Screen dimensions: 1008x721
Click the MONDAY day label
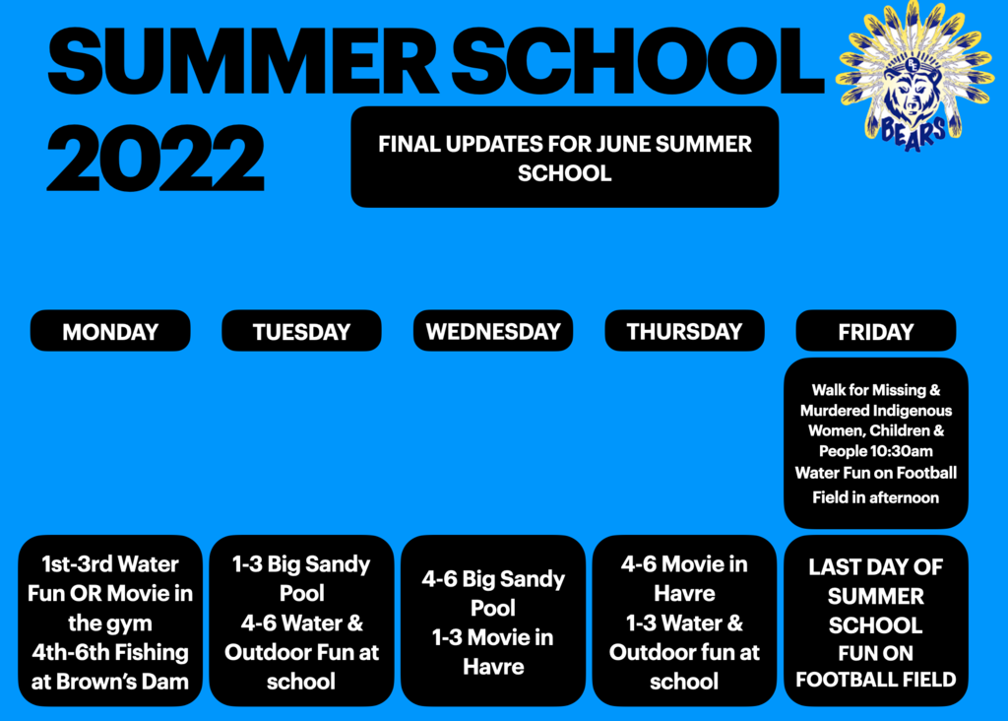click(110, 331)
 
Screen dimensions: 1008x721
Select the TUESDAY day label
click(301, 331)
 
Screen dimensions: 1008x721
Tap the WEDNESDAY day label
click(493, 331)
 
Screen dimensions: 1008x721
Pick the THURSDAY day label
click(685, 331)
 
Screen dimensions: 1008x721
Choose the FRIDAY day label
click(875, 331)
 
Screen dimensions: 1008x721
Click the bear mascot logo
click(914, 76)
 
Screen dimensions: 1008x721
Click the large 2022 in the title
click(156, 159)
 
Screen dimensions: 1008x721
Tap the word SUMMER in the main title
click(243, 62)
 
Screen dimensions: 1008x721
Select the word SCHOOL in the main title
click(638, 62)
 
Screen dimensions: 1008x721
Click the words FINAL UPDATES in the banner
click(463, 144)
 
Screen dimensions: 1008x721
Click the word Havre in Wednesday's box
click(493, 667)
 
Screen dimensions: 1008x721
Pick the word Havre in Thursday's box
click(685, 593)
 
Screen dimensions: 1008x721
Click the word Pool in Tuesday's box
click(301, 594)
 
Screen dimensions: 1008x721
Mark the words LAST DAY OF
click(875, 566)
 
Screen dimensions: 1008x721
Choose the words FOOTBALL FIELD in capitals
click(875, 680)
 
